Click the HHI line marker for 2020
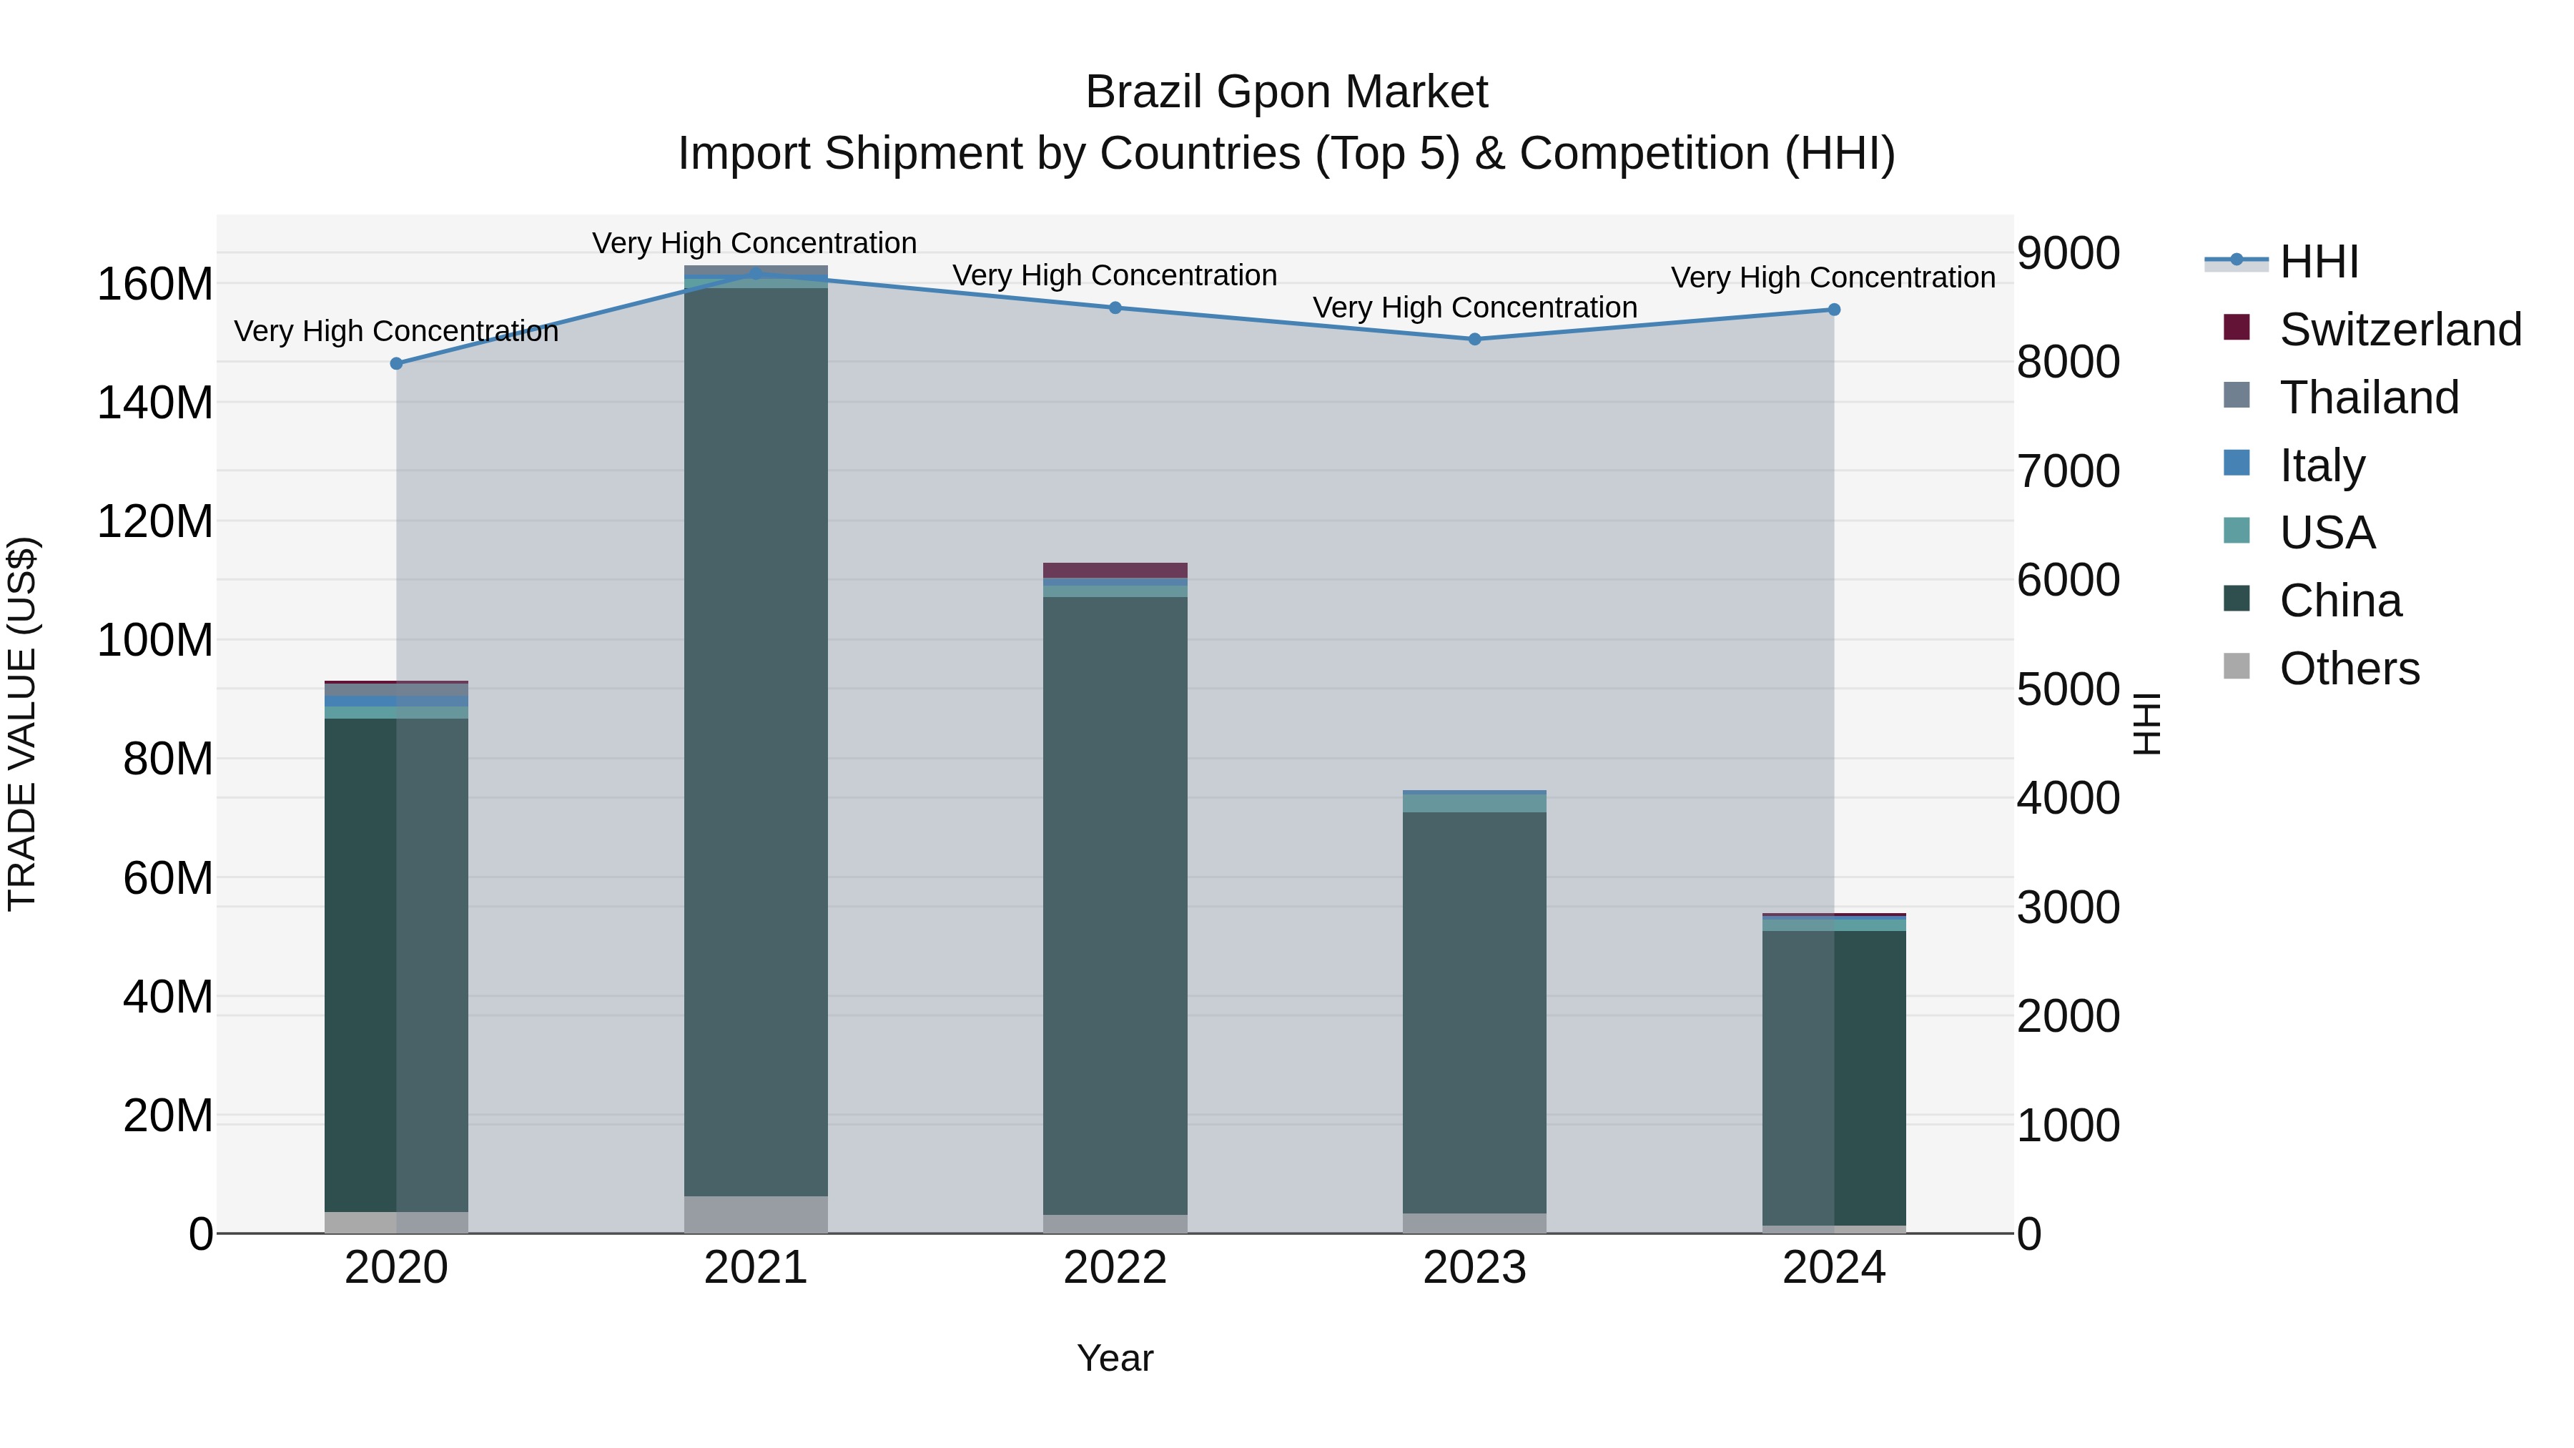pos(397,364)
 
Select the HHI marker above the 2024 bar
pos(1833,310)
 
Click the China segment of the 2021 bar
pos(756,739)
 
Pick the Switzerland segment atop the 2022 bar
pos(1115,570)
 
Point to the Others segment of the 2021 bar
pos(756,1214)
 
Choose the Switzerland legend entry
pos(2400,330)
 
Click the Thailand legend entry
pos(2368,398)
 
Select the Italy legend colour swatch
pos(2237,463)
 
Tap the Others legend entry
pos(2348,669)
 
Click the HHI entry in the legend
pos(2318,262)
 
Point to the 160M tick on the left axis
pos(155,285)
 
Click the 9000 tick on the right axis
pos(2067,254)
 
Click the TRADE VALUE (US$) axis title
pos(22,724)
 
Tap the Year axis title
pos(1115,1358)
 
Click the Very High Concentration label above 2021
pos(754,244)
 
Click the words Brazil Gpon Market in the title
pos(1286,93)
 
